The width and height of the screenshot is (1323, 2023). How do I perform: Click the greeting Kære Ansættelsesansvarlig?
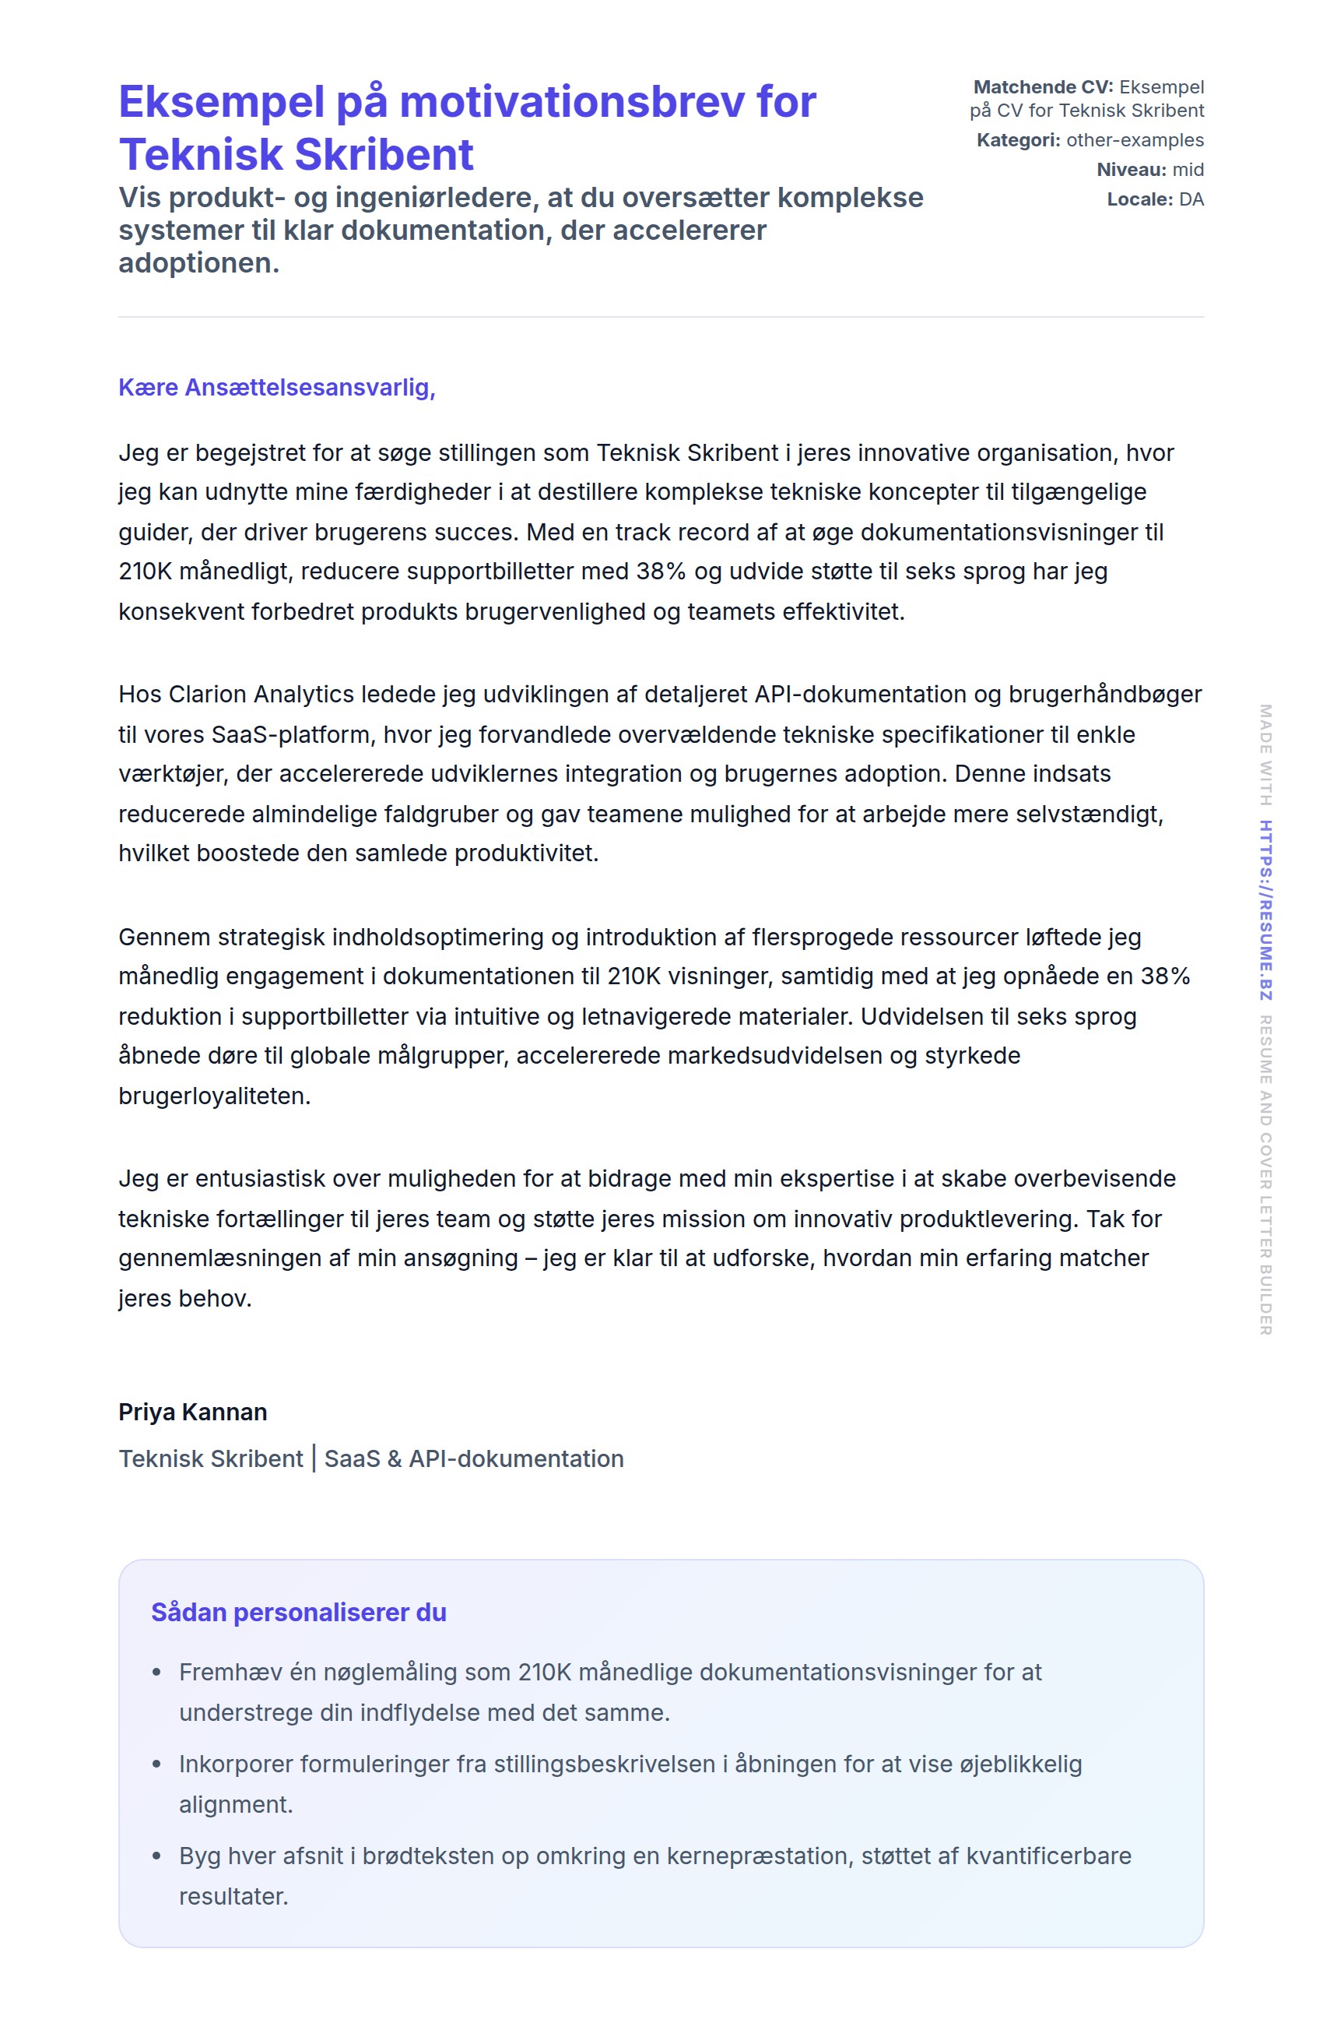tap(276, 388)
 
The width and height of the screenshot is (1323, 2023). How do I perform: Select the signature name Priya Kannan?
tap(193, 1412)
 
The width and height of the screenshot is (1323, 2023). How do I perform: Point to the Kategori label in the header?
tap(1018, 140)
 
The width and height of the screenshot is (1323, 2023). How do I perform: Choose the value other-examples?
tap(1135, 140)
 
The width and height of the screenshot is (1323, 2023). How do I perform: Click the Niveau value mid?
tap(1188, 170)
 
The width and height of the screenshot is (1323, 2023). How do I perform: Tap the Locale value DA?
tap(1191, 200)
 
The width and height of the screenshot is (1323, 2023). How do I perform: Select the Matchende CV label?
tap(1043, 86)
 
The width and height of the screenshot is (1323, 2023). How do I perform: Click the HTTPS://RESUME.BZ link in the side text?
tap(1265, 909)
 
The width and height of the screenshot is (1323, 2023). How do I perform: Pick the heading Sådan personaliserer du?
tap(298, 1613)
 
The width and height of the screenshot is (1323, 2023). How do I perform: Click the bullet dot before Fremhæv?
tap(156, 1673)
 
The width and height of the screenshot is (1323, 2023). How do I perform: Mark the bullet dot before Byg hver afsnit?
tap(156, 1856)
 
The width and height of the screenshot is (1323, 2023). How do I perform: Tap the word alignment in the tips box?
tap(235, 1804)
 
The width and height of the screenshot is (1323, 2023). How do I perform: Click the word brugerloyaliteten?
tap(214, 1096)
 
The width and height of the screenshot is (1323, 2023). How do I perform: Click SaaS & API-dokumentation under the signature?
tap(474, 1458)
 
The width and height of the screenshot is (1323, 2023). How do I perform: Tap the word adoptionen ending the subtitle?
tap(198, 263)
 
